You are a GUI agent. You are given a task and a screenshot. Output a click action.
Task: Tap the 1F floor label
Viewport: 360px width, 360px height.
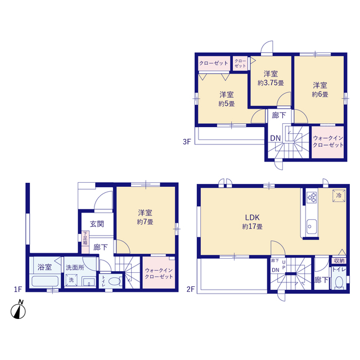[x=18, y=289]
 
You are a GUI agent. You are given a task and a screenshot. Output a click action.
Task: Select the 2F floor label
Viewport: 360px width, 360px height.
[x=191, y=289]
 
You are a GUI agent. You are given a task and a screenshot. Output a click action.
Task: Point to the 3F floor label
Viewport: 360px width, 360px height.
[x=187, y=142]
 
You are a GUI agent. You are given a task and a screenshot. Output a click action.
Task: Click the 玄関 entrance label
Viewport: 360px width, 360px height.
[x=97, y=224]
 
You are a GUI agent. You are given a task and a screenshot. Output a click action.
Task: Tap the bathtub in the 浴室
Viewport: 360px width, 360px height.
[x=45, y=281]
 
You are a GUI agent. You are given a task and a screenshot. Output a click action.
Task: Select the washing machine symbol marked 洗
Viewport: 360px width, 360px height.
[x=71, y=280]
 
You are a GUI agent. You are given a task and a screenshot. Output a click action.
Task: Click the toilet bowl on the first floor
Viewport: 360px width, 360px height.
[x=114, y=281]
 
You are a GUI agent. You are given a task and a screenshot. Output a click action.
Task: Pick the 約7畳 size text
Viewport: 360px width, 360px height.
[x=145, y=222]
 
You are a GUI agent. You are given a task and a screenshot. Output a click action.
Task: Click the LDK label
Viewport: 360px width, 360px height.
[x=253, y=217]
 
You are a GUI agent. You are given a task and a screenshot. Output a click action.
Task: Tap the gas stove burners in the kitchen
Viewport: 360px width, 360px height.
[x=312, y=197]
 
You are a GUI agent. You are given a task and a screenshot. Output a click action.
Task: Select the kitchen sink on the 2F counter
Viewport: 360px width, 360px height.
[x=312, y=227]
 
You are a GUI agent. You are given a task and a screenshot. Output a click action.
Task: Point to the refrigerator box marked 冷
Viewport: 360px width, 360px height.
[x=339, y=196]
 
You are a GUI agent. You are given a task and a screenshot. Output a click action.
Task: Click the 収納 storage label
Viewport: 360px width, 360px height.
[x=339, y=260]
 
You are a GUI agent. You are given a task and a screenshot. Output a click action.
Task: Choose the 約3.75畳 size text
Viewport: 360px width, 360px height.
[x=271, y=83]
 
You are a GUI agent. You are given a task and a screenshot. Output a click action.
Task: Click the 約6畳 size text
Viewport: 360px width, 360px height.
[x=320, y=94]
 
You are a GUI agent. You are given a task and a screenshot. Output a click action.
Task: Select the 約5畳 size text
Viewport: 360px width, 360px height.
[x=227, y=103]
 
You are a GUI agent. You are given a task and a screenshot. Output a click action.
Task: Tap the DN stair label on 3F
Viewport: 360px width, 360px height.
[x=276, y=138]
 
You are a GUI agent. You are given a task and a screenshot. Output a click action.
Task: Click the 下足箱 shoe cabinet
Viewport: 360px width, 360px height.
[x=85, y=238]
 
